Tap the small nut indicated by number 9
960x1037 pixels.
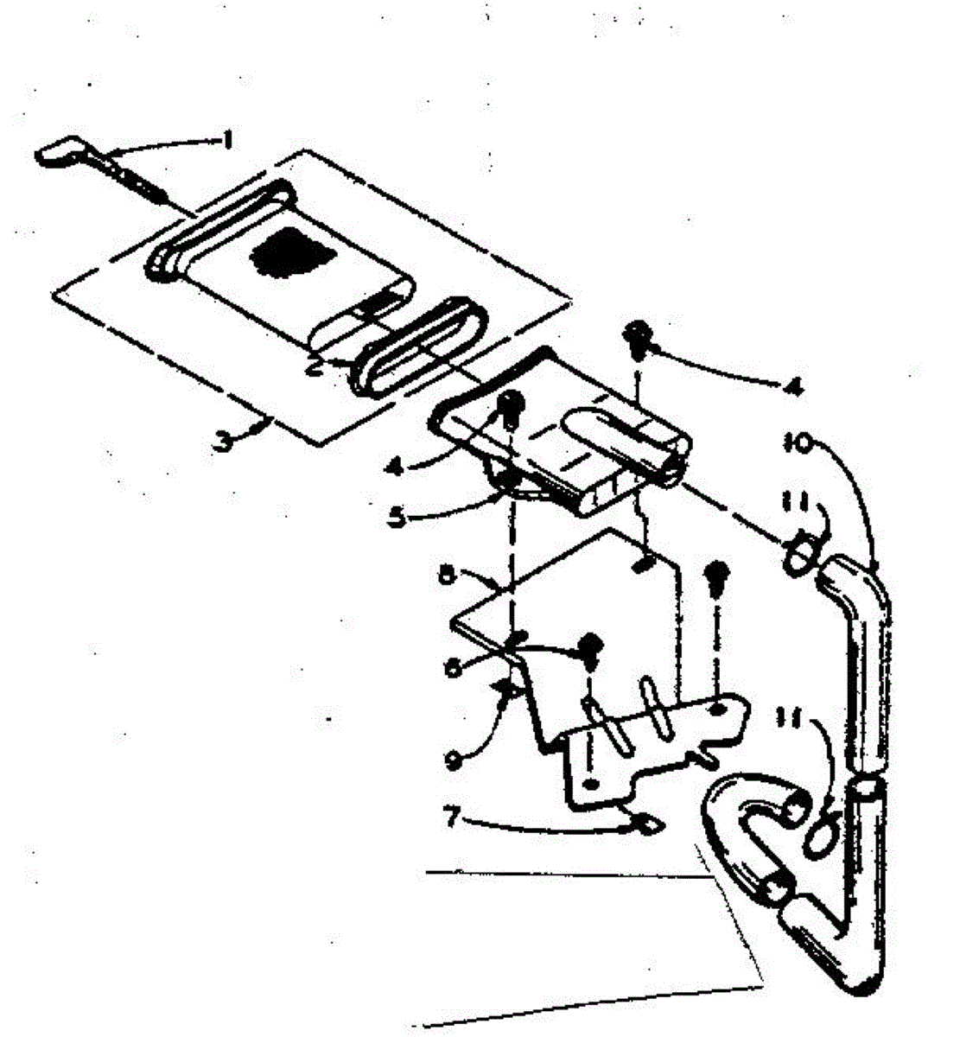click(508, 689)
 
